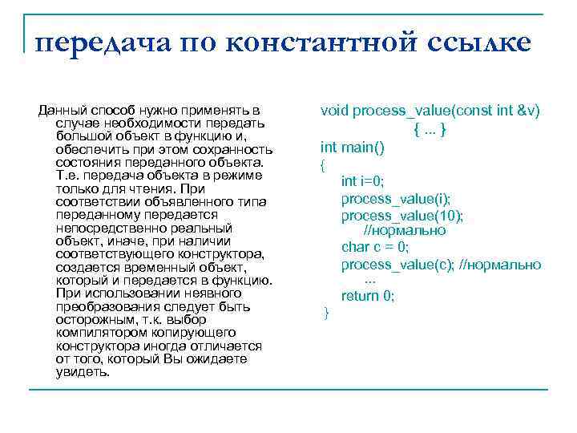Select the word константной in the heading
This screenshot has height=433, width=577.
tap(319, 41)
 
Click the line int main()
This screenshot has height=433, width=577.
tap(353, 148)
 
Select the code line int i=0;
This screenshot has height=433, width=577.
tap(363, 181)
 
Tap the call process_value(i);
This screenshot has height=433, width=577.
tap(396, 198)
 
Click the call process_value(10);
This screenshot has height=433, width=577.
tap(402, 215)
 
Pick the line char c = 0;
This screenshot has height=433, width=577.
tap(375, 247)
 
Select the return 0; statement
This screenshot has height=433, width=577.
tap(368, 296)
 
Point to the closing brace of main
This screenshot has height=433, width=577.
tap(325, 313)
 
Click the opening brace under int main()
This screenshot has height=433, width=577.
tap(323, 165)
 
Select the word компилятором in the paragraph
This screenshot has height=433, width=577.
tap(99, 331)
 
